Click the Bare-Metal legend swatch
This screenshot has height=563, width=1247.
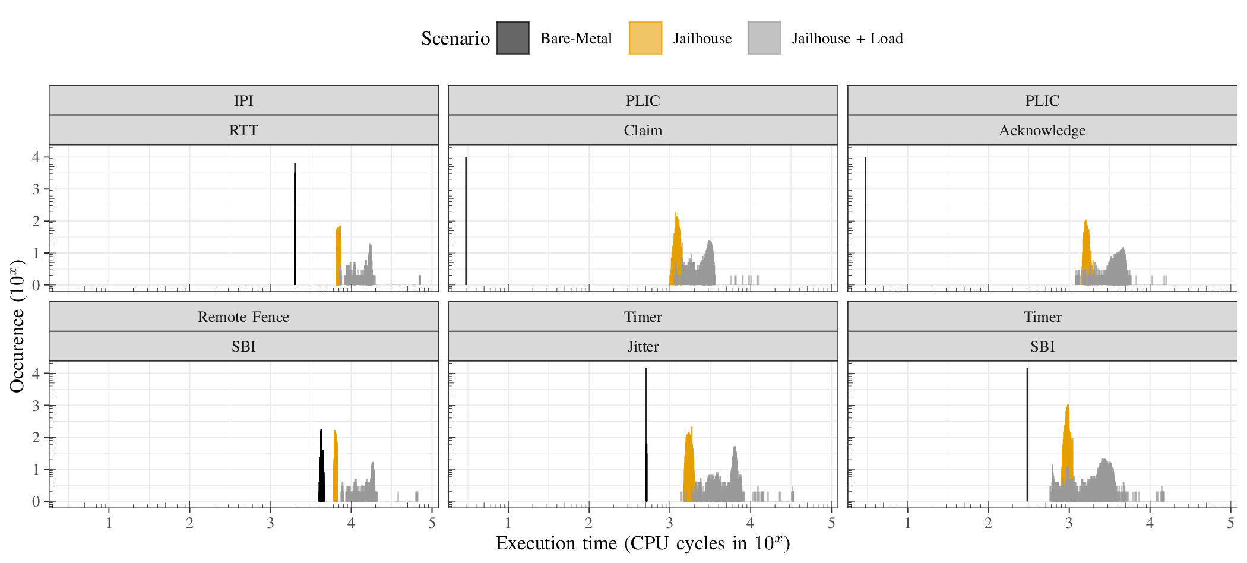tap(512, 38)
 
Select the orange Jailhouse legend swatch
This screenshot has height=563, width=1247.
tap(645, 38)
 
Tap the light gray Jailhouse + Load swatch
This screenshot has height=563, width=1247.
tap(764, 38)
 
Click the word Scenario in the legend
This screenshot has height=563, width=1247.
tap(455, 39)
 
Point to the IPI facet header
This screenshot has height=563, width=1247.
tap(243, 100)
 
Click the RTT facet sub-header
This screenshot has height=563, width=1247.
tap(243, 130)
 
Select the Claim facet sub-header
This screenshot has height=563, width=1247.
tap(643, 130)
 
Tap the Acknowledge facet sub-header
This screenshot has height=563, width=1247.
tap(1042, 130)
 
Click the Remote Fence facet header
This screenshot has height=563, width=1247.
tap(243, 317)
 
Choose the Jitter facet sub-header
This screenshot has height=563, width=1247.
tap(643, 346)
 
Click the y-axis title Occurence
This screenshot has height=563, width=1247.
tap(17, 327)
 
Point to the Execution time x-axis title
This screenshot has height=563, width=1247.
tap(643, 543)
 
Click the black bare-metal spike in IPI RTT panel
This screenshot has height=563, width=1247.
tap(295, 226)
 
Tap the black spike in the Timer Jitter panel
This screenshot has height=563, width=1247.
tap(646, 434)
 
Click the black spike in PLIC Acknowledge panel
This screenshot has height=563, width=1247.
tap(865, 220)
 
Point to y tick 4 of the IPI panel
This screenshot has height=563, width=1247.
tap(36, 157)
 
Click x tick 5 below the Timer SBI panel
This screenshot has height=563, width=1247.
tap(1230, 523)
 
